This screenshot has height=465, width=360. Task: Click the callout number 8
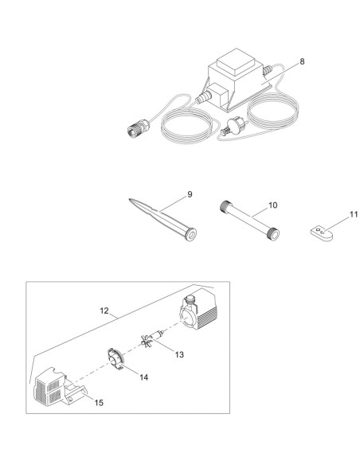coord(302,61)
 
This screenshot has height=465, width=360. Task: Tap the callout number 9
coord(190,194)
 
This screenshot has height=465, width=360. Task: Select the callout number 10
coord(273,205)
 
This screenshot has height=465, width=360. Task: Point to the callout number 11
coord(354,214)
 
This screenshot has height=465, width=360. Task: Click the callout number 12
coord(104,311)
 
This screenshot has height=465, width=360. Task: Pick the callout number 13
coord(179,354)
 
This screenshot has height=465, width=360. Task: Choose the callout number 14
coord(144,377)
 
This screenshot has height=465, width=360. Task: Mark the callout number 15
coord(99,403)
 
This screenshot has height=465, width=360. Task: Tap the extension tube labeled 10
coord(249,220)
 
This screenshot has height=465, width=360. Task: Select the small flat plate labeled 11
coord(322,234)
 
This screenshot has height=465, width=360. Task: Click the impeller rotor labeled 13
coord(152,338)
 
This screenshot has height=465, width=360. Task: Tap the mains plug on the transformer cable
coord(232,127)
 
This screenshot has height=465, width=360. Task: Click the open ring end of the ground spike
coord(190,233)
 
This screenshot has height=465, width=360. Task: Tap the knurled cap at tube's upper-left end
coord(225,205)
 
